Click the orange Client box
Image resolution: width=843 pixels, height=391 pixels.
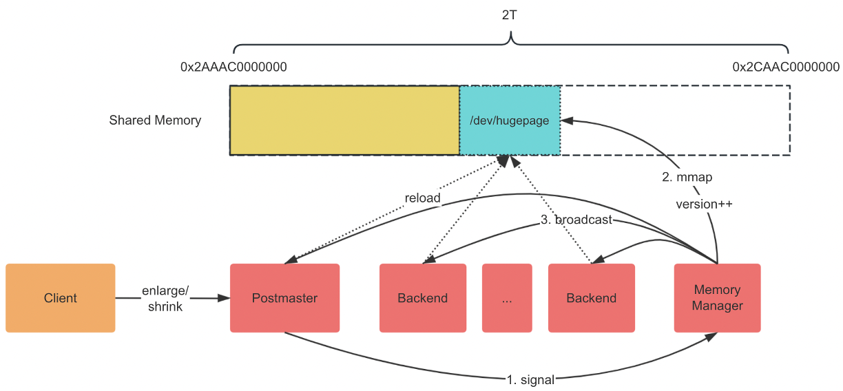pyautogui.click(x=61, y=298)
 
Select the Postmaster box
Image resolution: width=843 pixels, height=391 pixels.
pyautogui.click(x=284, y=298)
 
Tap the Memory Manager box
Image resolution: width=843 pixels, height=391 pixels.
pyautogui.click(x=717, y=298)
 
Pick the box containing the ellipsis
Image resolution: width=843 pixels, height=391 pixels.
pyautogui.click(x=508, y=298)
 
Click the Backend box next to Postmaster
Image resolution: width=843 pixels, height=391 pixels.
pyautogui.click(x=422, y=298)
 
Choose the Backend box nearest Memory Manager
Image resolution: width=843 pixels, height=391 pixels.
pyautogui.click(x=591, y=298)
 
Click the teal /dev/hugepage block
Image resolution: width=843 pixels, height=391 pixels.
pyautogui.click(x=510, y=120)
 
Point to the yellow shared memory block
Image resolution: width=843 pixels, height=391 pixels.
pyautogui.click(x=344, y=120)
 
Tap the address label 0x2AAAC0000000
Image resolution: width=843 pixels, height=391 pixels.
pyautogui.click(x=233, y=67)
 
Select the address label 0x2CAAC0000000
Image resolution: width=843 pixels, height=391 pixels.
pyautogui.click(x=786, y=67)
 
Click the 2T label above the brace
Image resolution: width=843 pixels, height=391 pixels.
pyautogui.click(x=510, y=15)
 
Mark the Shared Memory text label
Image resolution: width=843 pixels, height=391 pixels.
pyautogui.click(x=155, y=120)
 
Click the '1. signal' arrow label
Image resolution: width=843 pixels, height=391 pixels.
pyautogui.click(x=530, y=378)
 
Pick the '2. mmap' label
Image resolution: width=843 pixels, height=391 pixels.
pyautogui.click(x=687, y=178)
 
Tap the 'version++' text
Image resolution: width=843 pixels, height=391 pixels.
pyautogui.click(x=703, y=204)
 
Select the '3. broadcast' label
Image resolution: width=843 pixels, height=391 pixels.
pyautogui.click(x=576, y=220)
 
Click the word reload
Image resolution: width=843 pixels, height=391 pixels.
pyautogui.click(x=422, y=198)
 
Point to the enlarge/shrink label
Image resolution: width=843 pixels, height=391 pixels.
pyautogui.click(x=165, y=299)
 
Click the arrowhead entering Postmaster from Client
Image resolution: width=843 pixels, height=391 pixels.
pyautogui.click(x=225, y=298)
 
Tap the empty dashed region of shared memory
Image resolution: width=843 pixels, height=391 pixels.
pyautogui.click(x=675, y=120)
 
